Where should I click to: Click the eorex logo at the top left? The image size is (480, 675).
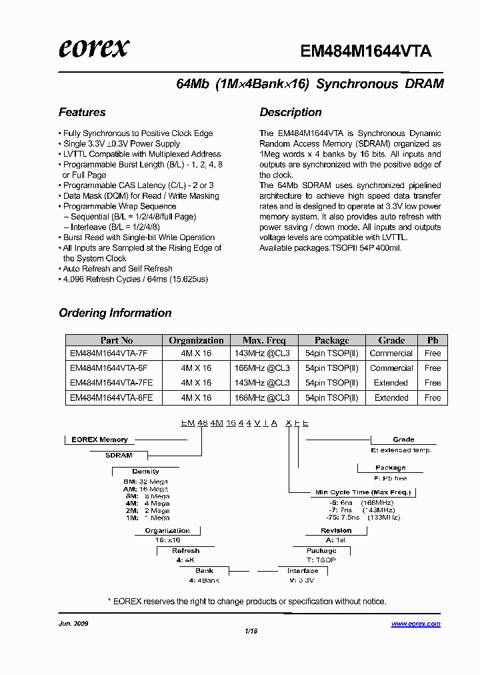[94, 49]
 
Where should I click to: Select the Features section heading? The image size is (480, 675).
[82, 112]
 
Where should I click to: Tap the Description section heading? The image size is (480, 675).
[291, 112]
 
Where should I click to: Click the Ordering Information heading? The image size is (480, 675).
[115, 313]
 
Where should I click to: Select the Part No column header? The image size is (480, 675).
[117, 340]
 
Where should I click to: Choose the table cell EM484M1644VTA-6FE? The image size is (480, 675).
[111, 398]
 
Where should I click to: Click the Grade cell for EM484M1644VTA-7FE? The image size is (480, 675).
[391, 383]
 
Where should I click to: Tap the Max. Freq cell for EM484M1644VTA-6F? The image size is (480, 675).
[262, 368]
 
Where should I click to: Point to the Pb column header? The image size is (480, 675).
[433, 340]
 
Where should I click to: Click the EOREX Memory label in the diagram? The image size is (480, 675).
[99, 440]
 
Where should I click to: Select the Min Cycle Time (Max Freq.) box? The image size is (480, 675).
[363, 492]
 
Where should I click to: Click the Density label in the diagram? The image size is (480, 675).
[145, 472]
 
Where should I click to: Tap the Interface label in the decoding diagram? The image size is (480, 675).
[303, 571]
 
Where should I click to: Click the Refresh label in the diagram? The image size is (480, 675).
[185, 551]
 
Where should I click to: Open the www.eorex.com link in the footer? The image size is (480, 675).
[415, 624]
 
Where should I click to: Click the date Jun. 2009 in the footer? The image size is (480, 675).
[73, 624]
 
